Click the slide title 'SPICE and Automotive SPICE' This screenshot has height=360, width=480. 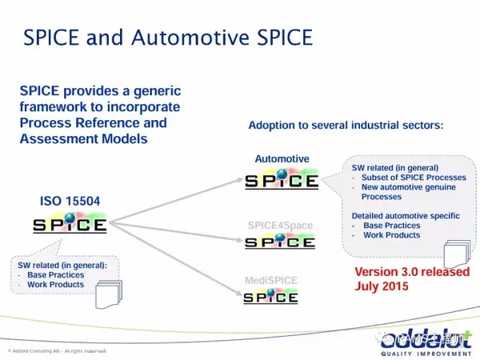click(x=167, y=37)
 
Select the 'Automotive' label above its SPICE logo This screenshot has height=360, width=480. click(x=282, y=159)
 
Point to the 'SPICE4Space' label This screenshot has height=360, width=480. click(x=279, y=226)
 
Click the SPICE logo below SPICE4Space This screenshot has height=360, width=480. click(x=280, y=241)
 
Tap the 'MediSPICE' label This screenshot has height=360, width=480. click(x=270, y=280)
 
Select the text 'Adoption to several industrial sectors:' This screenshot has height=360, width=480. click(x=346, y=126)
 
